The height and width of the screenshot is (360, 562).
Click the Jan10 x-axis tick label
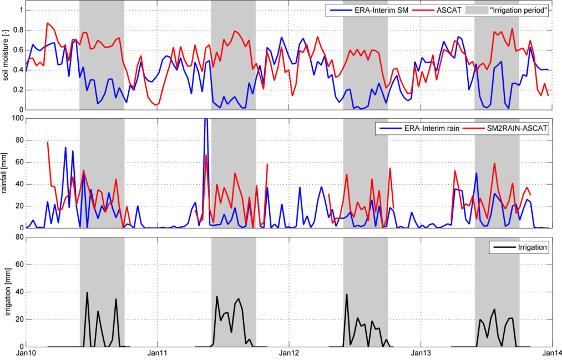[x=26, y=353]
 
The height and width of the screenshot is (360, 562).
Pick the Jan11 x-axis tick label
[x=158, y=353]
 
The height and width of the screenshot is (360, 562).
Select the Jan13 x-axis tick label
[x=421, y=353]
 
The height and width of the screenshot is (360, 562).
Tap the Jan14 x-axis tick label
[x=551, y=353]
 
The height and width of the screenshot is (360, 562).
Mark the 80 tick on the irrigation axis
[x=18, y=237]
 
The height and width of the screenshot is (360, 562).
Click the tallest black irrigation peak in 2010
[x=87, y=292]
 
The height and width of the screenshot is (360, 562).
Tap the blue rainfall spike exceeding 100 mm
[x=206, y=120]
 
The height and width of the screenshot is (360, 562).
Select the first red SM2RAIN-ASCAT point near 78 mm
[x=48, y=142]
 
